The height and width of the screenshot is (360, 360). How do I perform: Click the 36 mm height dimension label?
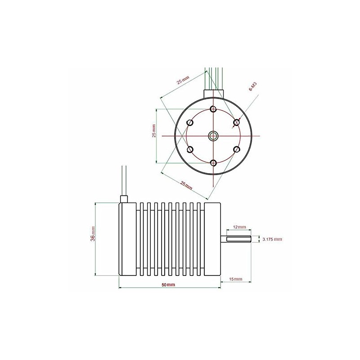pos(92,234)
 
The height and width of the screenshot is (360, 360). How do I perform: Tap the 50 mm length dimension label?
pos(168,285)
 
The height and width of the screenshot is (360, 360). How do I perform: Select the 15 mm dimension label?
pos(236,279)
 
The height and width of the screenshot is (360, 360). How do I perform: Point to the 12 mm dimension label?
pos(239,227)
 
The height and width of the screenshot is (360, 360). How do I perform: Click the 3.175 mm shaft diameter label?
pos(272,239)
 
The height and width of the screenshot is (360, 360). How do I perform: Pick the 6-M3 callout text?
pos(252,87)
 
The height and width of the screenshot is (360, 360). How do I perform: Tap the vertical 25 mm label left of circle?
pos(154,131)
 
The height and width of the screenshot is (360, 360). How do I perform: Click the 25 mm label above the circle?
pos(183,80)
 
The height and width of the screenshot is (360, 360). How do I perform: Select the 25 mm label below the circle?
pos(186,185)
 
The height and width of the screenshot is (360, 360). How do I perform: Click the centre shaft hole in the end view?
pos(213,136)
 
